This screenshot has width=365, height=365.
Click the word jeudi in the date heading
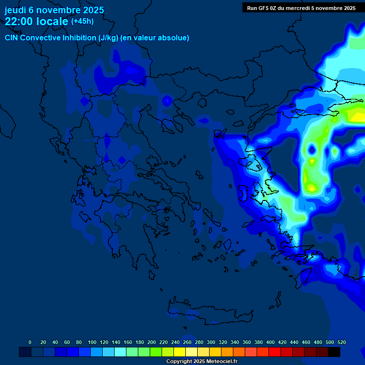click(x=15, y=10)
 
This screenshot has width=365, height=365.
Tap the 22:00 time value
click(x=21, y=21)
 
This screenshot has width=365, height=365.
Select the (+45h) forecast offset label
click(x=82, y=21)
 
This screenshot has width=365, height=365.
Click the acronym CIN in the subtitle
click(x=12, y=38)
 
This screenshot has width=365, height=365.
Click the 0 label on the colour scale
click(x=30, y=342)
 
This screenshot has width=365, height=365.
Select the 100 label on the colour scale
click(x=92, y=342)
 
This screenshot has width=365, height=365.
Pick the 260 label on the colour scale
click(x=187, y=342)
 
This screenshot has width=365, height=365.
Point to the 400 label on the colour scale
click(x=270, y=342)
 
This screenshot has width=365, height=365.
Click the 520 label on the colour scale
click(x=341, y=342)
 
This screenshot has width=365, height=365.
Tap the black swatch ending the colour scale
click(x=334, y=352)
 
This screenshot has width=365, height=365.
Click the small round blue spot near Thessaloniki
click(x=167, y=101)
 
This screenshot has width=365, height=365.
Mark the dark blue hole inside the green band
click(x=312, y=150)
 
